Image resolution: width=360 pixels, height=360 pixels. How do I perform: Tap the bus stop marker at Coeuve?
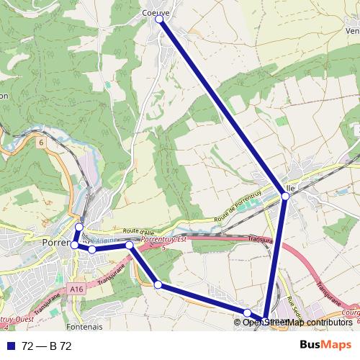tap(159, 19)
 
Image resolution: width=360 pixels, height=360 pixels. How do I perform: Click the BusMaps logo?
tap(325, 346)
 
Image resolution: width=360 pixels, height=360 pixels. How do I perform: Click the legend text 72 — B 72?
tap(47, 346)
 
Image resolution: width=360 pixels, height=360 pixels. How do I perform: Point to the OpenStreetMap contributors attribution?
tap(297, 322)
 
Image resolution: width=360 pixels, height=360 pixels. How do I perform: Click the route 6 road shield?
tap(42, 143)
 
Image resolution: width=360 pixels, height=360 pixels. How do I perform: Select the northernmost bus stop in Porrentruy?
tap(79, 228)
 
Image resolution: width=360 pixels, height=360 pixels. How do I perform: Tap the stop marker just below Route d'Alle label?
tap(129, 246)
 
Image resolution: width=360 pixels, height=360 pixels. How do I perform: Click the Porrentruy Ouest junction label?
tap(14, 318)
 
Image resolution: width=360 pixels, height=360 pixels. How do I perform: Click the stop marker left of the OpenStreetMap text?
tap(247, 312)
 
